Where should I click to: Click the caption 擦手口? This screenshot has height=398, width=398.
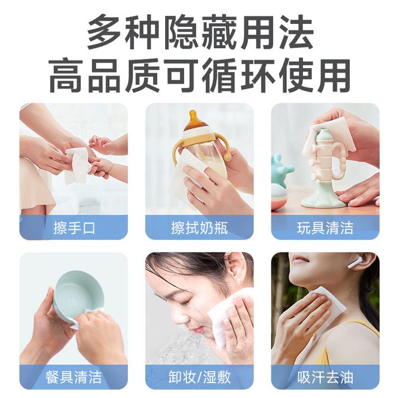click(74, 228)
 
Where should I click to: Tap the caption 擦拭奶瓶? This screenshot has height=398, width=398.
click(200, 228)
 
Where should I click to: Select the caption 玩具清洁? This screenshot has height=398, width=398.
click(325, 228)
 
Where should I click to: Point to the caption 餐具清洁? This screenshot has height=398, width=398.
click(74, 377)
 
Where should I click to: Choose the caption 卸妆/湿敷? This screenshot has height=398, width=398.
click(200, 377)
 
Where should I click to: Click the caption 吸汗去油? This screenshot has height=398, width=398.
click(325, 377)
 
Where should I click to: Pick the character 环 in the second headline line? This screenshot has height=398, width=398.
click(257, 75)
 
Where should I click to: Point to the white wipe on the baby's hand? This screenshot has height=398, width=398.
click(77, 165)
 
